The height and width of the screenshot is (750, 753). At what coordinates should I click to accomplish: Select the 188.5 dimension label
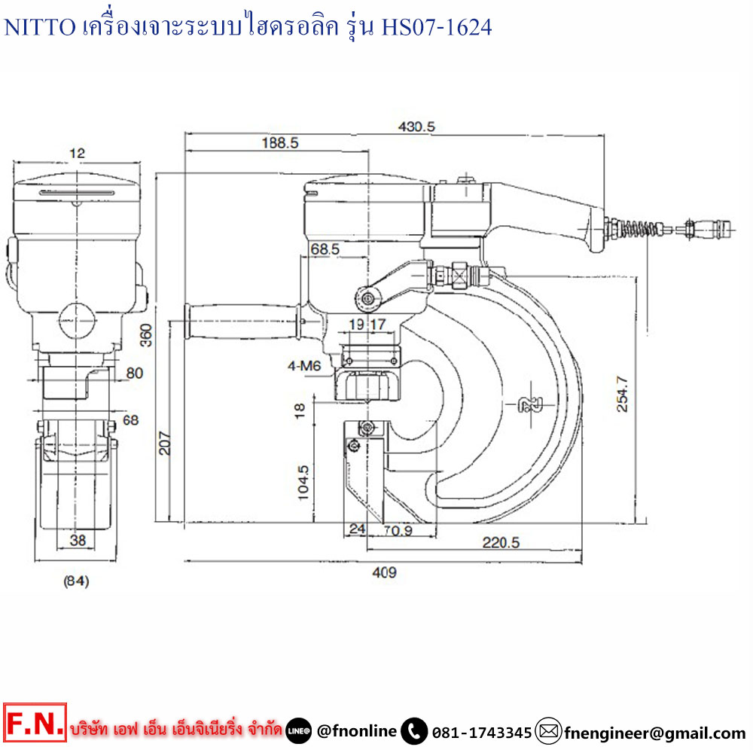[x=279, y=142]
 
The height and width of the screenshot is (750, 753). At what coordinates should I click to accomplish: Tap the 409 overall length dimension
[x=384, y=572]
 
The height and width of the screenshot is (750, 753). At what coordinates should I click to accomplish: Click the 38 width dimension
[x=77, y=539]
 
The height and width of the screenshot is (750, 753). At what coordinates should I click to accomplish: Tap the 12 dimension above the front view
[x=77, y=153]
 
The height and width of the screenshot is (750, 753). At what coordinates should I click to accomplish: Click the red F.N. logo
[x=35, y=726]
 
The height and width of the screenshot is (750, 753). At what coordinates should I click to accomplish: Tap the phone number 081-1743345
[x=481, y=732]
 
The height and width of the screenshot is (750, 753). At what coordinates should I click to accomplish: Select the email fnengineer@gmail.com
[x=654, y=732]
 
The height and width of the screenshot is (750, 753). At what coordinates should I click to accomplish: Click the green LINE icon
[x=299, y=730]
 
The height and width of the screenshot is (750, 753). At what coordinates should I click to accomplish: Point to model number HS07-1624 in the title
[x=437, y=28]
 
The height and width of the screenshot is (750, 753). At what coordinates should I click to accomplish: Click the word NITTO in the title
[x=40, y=28]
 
